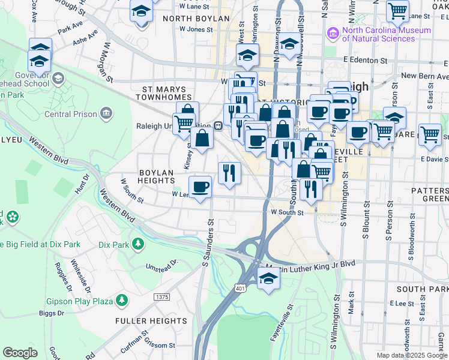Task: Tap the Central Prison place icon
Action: pyautogui.click(x=106, y=112)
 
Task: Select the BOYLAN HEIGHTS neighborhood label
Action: pyautogui.click(x=156, y=177)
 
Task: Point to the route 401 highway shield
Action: pyautogui.click(x=240, y=289)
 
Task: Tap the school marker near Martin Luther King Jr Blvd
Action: pyautogui.click(x=269, y=279)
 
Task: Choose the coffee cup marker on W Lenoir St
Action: pyautogui.click(x=200, y=187)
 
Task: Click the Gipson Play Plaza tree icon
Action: pyautogui.click(x=122, y=299)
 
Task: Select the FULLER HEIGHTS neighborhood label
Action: pyautogui.click(x=151, y=321)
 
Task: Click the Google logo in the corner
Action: pyautogui.click(x=20, y=352)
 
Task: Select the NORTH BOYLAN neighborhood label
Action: pyautogui.click(x=196, y=19)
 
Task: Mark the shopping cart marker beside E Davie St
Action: pyautogui.click(x=430, y=136)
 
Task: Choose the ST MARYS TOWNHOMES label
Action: pyautogui.click(x=166, y=93)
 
